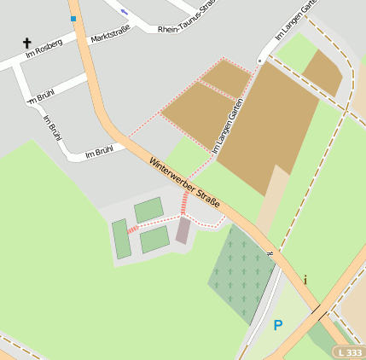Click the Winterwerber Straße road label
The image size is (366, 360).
click(185, 182)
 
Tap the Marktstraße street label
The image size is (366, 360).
click(110, 35)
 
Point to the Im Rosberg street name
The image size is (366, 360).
click(44, 53)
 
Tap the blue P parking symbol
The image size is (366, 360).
click(277, 325)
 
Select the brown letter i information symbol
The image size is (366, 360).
click(305, 279)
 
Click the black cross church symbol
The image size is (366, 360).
click(26, 42)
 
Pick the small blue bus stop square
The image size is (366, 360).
click(73, 18)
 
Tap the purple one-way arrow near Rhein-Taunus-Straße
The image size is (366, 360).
click(125, 11)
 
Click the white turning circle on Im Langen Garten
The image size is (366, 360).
click(260, 61)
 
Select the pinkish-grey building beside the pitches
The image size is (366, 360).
click(183, 230)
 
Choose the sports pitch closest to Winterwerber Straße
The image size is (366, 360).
click(148, 210)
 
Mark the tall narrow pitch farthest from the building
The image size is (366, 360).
click(120, 239)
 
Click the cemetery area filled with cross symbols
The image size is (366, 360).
click(241, 273)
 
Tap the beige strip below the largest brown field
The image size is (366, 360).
click(273, 200)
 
